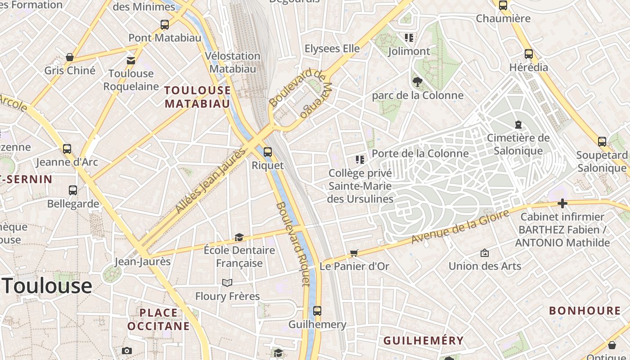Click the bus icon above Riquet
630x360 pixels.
pos(268,152)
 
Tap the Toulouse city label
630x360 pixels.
pos(47,286)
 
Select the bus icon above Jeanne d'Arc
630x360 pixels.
pos(67,148)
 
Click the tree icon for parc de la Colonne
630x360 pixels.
pos(417,81)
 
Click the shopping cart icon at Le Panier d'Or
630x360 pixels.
pos(354,253)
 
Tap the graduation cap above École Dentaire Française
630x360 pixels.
pos(239,237)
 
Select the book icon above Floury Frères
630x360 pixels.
pos(227,283)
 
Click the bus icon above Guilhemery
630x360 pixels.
pos(317,311)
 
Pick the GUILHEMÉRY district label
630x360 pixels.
pos(423,341)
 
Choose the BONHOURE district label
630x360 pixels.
pos(585,310)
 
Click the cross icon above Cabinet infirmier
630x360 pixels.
pos(562,204)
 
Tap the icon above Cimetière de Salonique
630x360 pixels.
pos(518,125)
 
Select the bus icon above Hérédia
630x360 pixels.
pos(529,54)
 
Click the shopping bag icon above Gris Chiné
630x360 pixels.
pos(70,57)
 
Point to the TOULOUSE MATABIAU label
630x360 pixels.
pos(198,97)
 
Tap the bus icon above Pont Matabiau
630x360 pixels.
pos(165,25)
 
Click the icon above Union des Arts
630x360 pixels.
pos(485,253)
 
